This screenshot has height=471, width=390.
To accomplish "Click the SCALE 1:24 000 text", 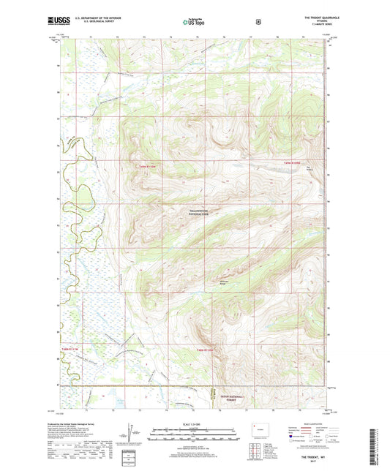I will pyautogui.click(x=195, y=424).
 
